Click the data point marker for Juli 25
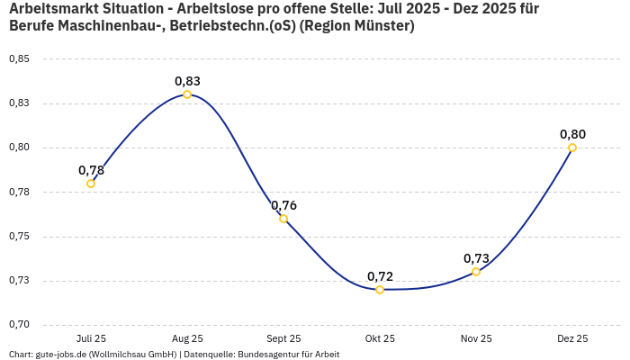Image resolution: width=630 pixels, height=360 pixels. tap(91, 184)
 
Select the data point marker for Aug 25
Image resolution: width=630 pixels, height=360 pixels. tap(187, 94)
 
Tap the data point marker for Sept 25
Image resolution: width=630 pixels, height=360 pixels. tap(283, 219)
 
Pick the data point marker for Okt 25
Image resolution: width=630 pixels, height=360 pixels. tap(380, 290)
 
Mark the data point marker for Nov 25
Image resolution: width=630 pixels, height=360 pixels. tap(476, 272)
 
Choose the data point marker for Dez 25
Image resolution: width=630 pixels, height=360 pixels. tap(572, 148)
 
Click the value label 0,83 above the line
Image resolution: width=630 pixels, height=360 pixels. tap(187, 81)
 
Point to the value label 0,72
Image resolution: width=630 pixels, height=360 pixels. tap(380, 276)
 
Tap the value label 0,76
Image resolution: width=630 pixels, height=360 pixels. tap(283, 205)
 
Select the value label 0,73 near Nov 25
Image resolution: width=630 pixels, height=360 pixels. tap(476, 258)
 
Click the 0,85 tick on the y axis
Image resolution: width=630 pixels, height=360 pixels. tap(19, 59)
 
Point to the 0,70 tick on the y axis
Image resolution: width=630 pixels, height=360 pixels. tap(19, 325)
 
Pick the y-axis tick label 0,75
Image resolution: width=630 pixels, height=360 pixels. tap(19, 237)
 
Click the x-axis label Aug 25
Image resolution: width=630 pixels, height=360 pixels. tap(187, 339)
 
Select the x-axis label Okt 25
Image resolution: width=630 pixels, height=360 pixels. tap(380, 339)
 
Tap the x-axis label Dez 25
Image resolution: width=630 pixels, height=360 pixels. tap(572, 339)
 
